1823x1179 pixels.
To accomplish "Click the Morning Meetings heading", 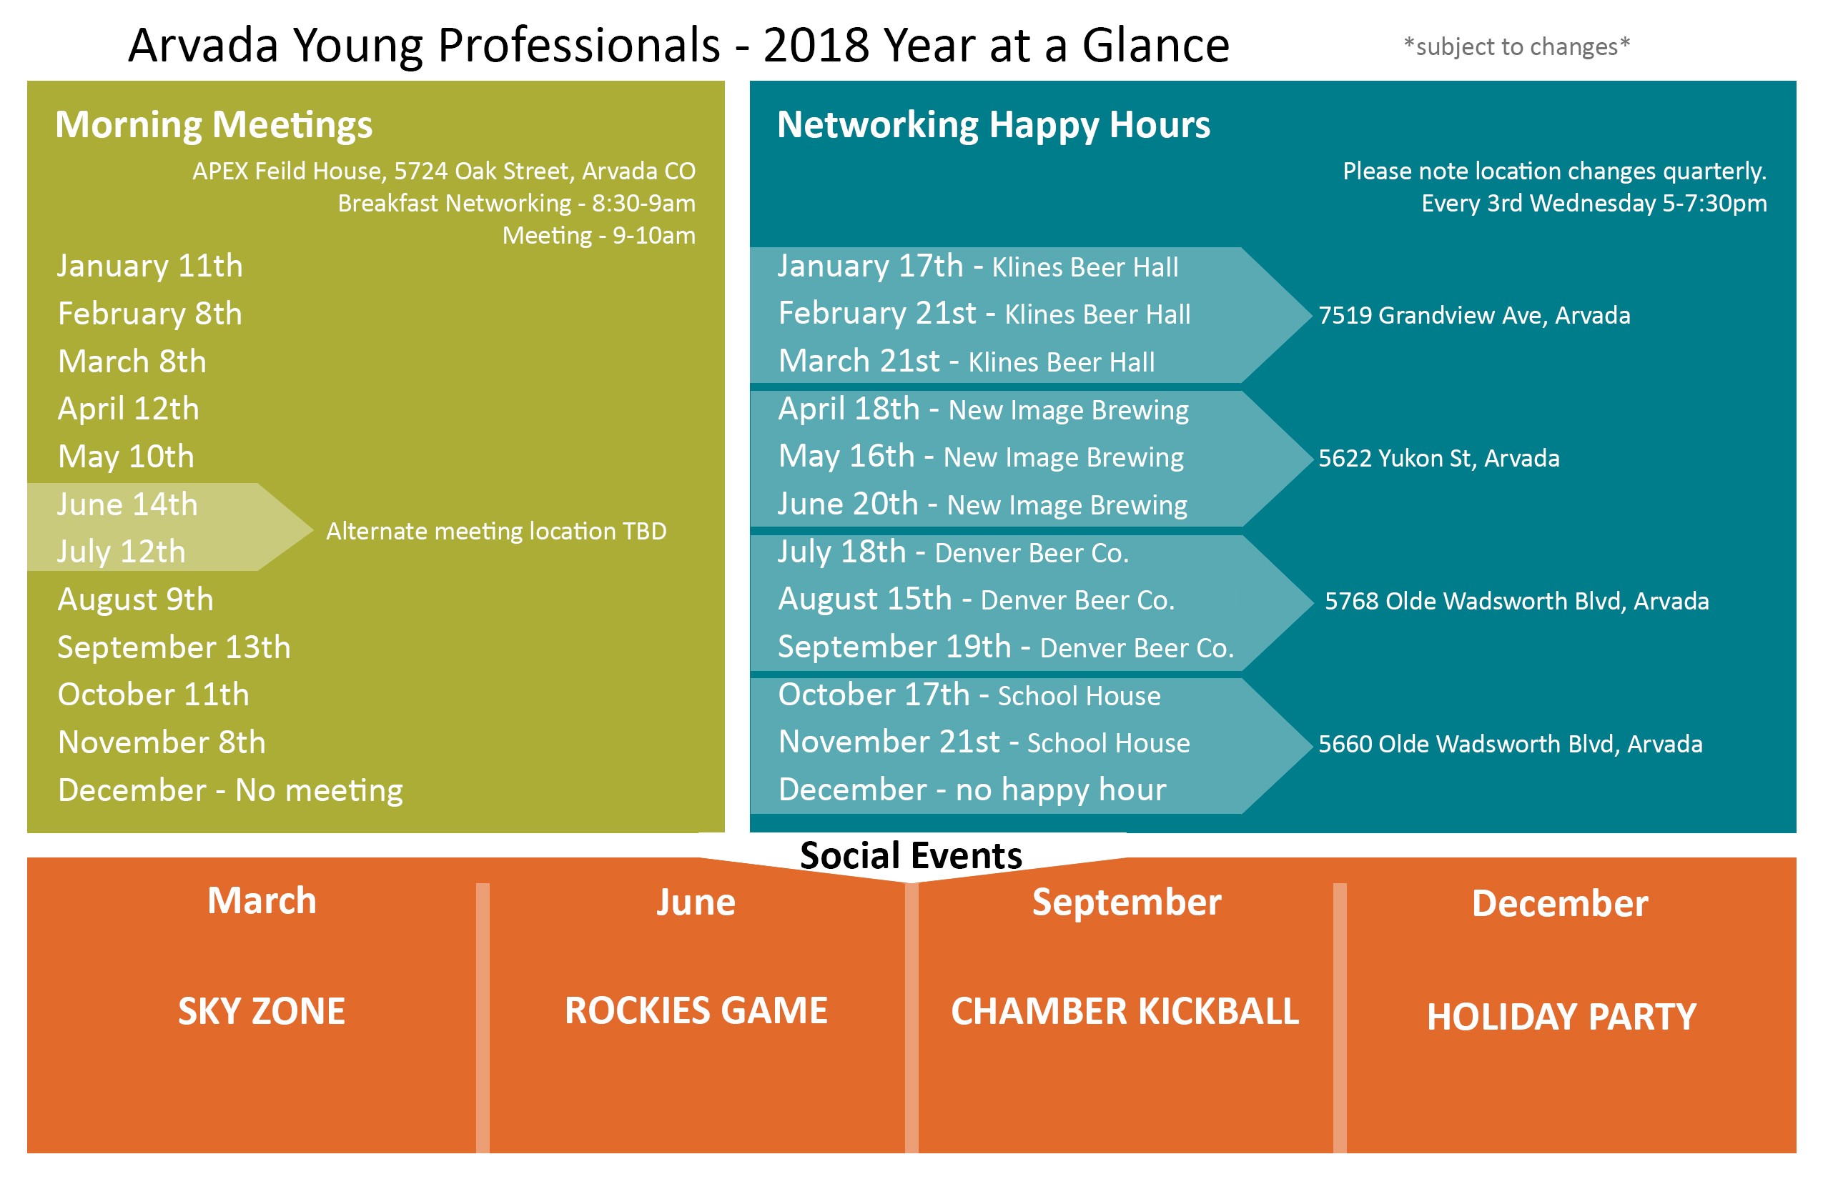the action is click(x=214, y=125).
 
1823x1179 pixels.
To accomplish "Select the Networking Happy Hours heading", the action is click(x=994, y=125).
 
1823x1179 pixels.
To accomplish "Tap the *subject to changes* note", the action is click(x=1516, y=46).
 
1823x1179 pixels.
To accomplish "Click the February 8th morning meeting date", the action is click(x=150, y=314).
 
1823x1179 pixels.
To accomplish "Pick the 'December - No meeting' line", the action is click(x=230, y=790).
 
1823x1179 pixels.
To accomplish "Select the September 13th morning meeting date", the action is click(x=174, y=647).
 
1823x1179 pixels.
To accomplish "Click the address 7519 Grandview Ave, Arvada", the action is click(x=1474, y=315).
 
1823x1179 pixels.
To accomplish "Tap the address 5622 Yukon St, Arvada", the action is click(x=1438, y=458).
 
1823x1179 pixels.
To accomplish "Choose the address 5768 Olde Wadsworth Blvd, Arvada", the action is click(x=1516, y=601).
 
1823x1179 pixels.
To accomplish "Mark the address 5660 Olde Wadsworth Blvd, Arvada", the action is click(x=1511, y=743).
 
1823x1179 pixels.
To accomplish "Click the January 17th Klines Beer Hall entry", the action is click(x=978, y=267).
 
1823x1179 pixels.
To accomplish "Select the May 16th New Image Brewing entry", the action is click(x=981, y=457).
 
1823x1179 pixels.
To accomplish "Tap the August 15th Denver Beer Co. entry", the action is click(x=977, y=600).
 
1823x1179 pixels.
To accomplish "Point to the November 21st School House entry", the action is click(x=984, y=742).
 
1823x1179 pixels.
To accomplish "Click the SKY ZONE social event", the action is click(x=262, y=1011).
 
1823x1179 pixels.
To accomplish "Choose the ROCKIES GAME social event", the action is click(x=696, y=1010).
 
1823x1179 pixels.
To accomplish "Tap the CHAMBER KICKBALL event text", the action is click(x=1125, y=1011).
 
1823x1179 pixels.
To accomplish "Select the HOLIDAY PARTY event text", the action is click(x=1562, y=1017).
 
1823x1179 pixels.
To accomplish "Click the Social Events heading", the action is click(x=911, y=855).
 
